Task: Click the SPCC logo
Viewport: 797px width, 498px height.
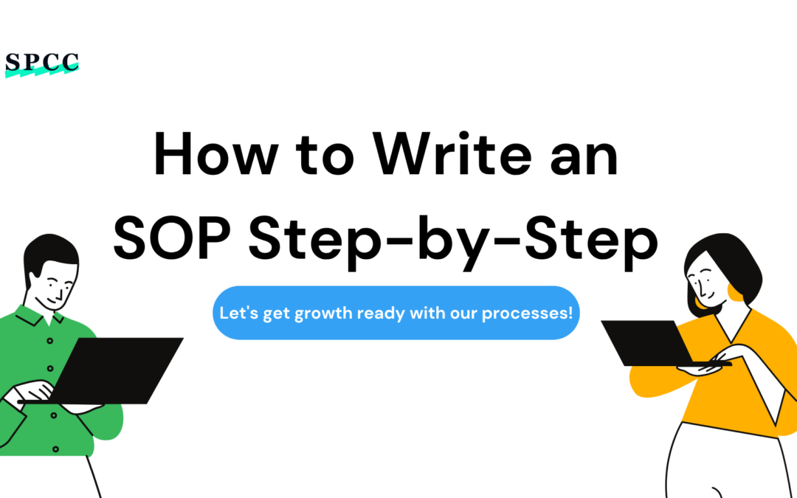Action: click(x=41, y=64)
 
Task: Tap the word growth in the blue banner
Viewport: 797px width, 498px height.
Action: click(x=323, y=313)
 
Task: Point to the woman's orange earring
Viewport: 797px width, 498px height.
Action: click(x=734, y=291)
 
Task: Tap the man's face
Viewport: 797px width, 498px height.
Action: click(x=55, y=284)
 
